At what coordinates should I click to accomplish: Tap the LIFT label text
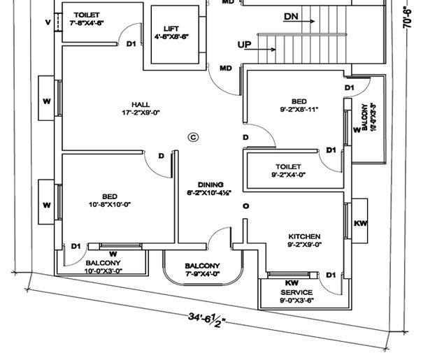[171, 29]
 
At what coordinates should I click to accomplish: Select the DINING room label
[210, 184]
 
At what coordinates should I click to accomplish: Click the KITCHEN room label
[303, 236]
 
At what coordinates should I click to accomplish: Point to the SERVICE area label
[296, 292]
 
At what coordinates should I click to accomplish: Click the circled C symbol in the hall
[194, 138]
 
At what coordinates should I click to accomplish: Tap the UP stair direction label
[245, 45]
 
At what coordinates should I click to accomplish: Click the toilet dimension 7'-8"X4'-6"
[86, 23]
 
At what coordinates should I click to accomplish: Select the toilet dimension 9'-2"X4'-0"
[287, 175]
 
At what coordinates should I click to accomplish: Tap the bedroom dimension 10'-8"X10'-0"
[110, 204]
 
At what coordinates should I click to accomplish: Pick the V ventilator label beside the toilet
[48, 22]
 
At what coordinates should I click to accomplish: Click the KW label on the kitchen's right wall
[360, 224]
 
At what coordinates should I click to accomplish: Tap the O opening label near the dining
[245, 206]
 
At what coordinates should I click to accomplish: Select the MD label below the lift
[226, 68]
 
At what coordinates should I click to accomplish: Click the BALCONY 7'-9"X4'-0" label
[202, 270]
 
